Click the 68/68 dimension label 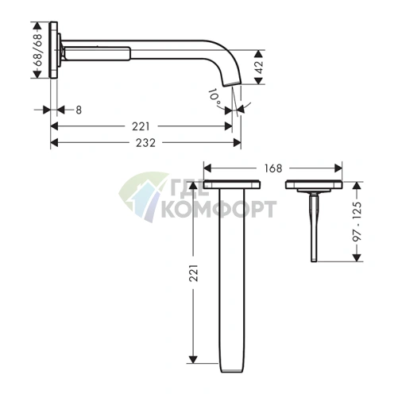(x=39, y=50)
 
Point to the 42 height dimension (x=259, y=67)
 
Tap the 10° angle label (x=214, y=98)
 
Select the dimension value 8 (x=79, y=110)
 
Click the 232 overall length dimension (x=145, y=143)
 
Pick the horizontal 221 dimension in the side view (x=141, y=126)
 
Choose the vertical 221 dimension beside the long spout (x=194, y=272)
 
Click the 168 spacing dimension (x=273, y=168)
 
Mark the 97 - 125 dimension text (x=357, y=222)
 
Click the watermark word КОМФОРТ (x=219, y=209)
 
